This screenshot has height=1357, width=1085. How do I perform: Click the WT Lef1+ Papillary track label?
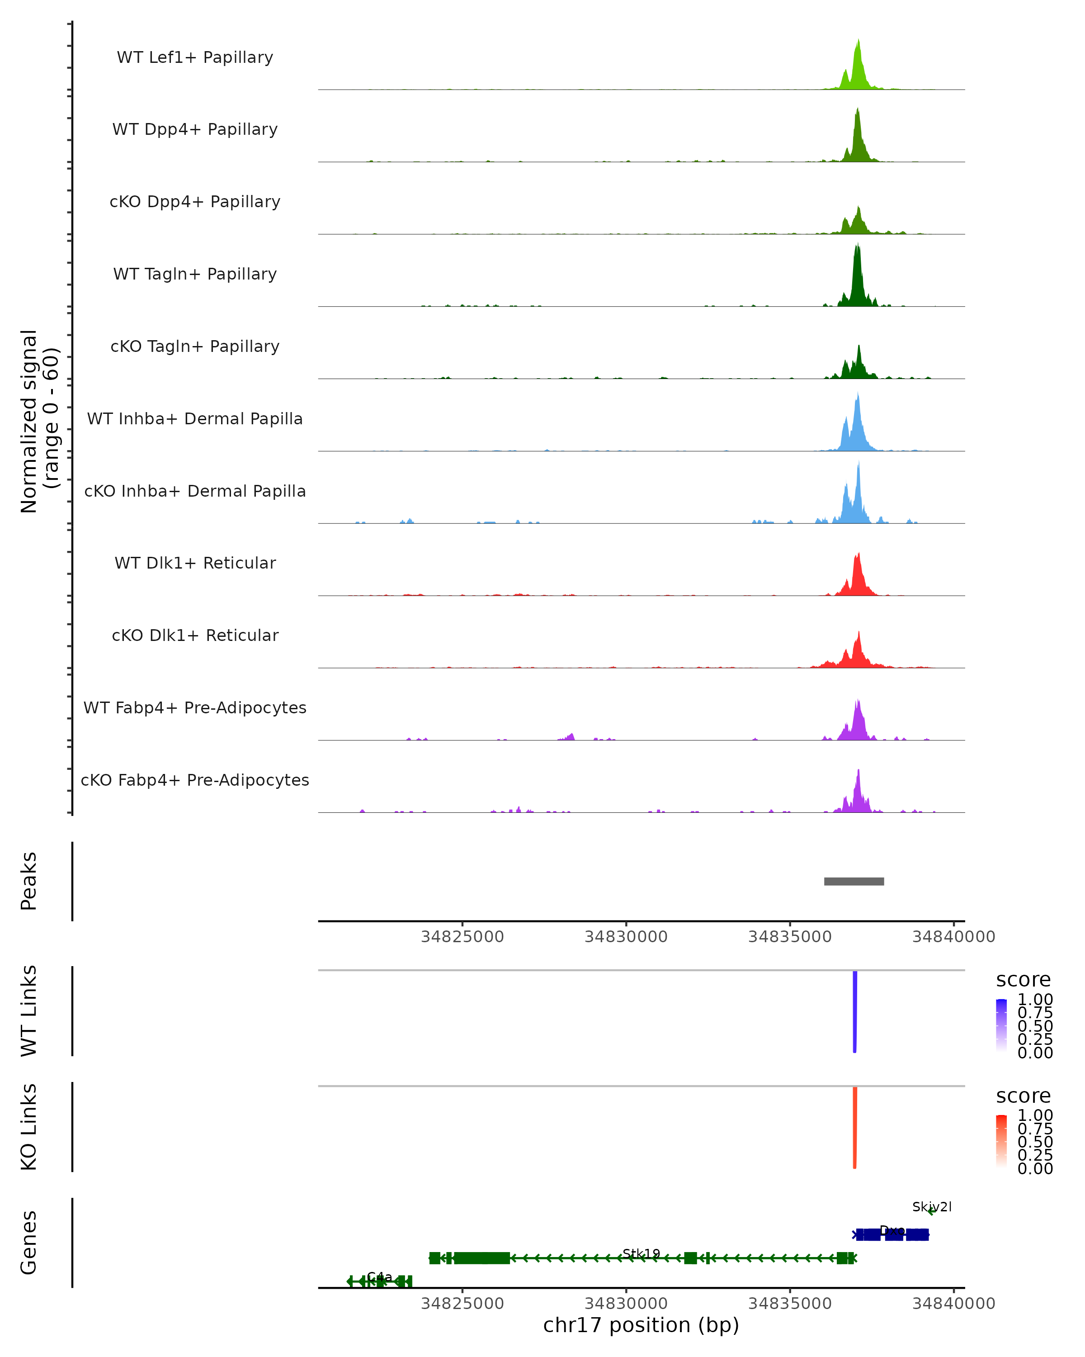(x=195, y=57)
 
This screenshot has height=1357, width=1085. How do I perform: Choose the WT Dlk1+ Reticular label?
(x=195, y=563)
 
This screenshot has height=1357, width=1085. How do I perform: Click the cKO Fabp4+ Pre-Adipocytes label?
(x=195, y=780)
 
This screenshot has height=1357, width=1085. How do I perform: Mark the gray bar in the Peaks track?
(x=854, y=881)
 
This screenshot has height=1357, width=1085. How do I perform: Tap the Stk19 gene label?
(x=641, y=1253)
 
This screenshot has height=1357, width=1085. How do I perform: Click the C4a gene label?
(x=379, y=1276)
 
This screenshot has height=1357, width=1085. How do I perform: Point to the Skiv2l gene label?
(x=932, y=1206)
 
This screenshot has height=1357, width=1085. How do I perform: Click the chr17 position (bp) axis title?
(x=641, y=1325)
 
